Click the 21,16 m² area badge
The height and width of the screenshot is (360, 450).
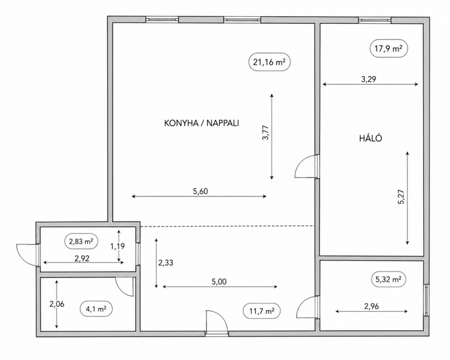(269, 62)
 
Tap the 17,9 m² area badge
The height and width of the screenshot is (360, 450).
(389, 48)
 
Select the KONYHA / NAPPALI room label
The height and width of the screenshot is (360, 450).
(201, 123)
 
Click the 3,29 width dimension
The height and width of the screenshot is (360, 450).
(369, 79)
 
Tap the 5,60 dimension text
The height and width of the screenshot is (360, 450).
(200, 191)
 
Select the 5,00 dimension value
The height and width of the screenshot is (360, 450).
(219, 282)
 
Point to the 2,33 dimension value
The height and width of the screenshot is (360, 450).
(166, 263)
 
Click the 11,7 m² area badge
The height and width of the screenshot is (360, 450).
(261, 311)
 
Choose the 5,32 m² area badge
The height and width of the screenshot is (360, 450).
(388, 279)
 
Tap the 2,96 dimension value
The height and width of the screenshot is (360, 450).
(371, 306)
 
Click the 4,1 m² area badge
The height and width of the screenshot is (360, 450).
(96, 309)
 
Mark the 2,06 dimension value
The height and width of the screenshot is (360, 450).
(57, 304)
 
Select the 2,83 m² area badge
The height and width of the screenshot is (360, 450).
(81, 241)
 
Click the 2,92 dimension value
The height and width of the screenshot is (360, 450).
(82, 258)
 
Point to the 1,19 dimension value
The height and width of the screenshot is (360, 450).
(117, 246)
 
